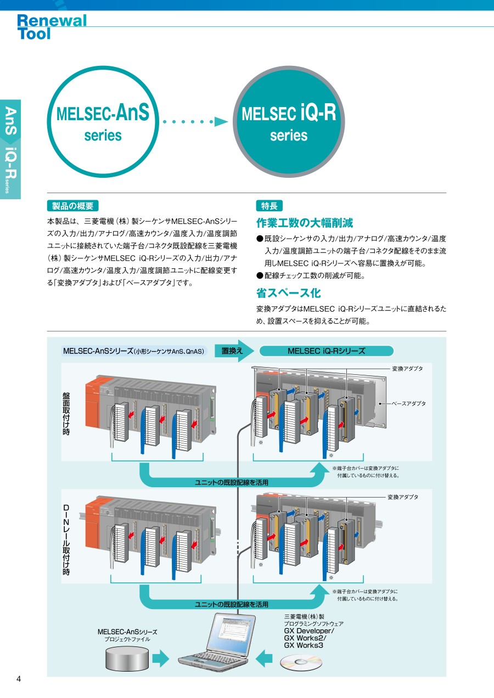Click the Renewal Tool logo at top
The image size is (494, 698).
pos(52,27)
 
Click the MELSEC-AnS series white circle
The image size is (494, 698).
pos(103,122)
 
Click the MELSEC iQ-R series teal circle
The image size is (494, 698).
pos(289,121)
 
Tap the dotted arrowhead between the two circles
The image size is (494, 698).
pos(221,121)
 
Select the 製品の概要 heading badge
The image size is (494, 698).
pos(72,206)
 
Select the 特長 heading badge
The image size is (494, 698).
pos(269,206)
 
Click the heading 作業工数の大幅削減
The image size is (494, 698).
pos(305,223)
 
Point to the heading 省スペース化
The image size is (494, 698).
pos(288,293)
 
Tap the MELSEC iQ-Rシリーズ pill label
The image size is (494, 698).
pos(326,351)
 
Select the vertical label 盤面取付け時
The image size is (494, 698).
pos(66,414)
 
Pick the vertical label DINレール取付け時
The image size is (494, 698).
pos(66,540)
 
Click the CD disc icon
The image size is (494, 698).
pos(301,662)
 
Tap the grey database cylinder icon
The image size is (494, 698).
pos(127,657)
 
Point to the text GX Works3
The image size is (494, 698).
pos(303,646)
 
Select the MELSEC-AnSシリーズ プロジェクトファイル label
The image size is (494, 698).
pos(127,635)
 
